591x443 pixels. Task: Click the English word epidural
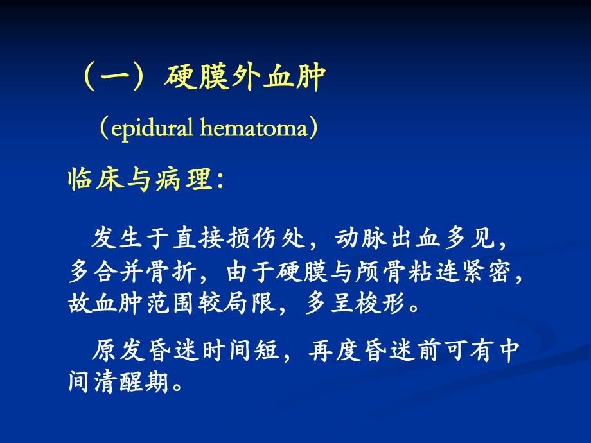point(152,128)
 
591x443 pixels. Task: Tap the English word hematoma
point(254,127)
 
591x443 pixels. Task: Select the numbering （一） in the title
point(114,78)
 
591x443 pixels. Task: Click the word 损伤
point(251,238)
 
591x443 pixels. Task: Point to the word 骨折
point(171,271)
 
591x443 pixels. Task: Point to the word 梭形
point(380,303)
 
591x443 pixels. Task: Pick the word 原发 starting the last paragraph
point(118,351)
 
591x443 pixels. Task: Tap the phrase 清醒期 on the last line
point(132,381)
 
